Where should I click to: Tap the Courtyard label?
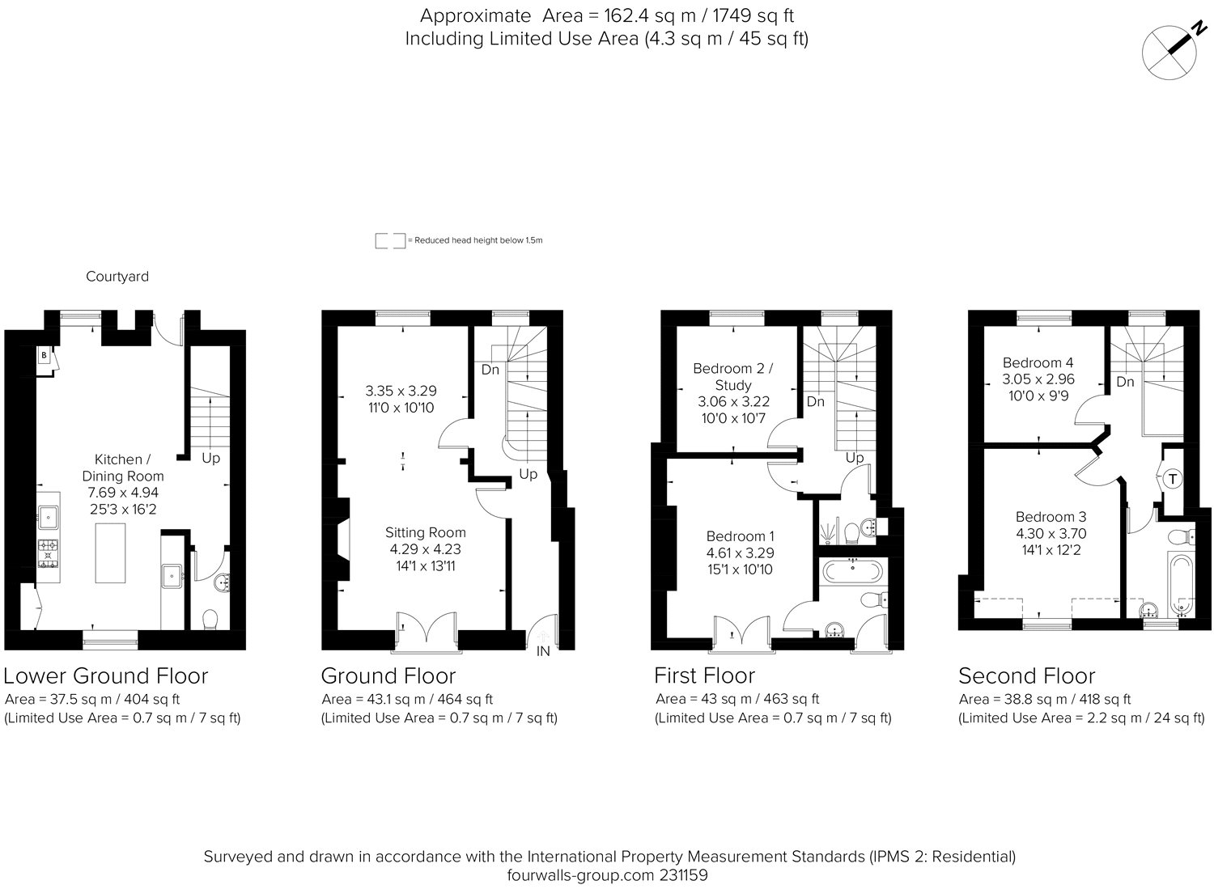coord(117,277)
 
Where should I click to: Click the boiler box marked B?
coord(44,355)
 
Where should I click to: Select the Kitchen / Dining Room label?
coord(123,468)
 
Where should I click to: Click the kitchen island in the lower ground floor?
coord(111,552)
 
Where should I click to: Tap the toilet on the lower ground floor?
coord(210,619)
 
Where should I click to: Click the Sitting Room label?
coord(425,532)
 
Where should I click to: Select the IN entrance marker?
coord(543,650)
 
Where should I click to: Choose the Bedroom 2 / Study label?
coord(733,377)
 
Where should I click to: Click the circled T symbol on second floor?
coord(1172,480)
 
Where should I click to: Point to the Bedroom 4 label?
coord(1038,362)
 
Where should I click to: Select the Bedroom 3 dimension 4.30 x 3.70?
coord(1051,534)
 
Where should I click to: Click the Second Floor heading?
coord(1026,675)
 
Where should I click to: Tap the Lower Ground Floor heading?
coord(106,675)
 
